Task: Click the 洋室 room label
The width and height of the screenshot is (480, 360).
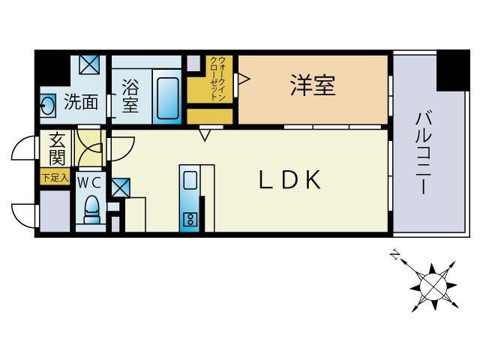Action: coord(313,85)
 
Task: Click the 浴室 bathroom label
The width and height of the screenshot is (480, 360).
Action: coord(130,96)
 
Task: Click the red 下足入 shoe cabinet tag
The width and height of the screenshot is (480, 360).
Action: coord(55,178)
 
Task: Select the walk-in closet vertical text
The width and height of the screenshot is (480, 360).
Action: coord(216,79)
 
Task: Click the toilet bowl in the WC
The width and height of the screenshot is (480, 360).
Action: coord(91,208)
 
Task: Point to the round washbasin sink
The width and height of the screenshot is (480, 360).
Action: coord(47,105)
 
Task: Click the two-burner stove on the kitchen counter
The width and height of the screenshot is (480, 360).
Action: coord(190,219)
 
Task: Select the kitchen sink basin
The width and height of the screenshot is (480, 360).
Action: coord(190,181)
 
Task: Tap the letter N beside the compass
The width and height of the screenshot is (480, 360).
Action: coord(394,256)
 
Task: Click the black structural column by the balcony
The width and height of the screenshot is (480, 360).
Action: coord(453,67)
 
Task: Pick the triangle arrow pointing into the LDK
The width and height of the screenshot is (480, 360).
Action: coord(205,135)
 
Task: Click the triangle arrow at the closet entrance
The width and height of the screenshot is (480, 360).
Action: coord(242,78)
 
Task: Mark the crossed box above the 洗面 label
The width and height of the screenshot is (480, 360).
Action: coord(89,65)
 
